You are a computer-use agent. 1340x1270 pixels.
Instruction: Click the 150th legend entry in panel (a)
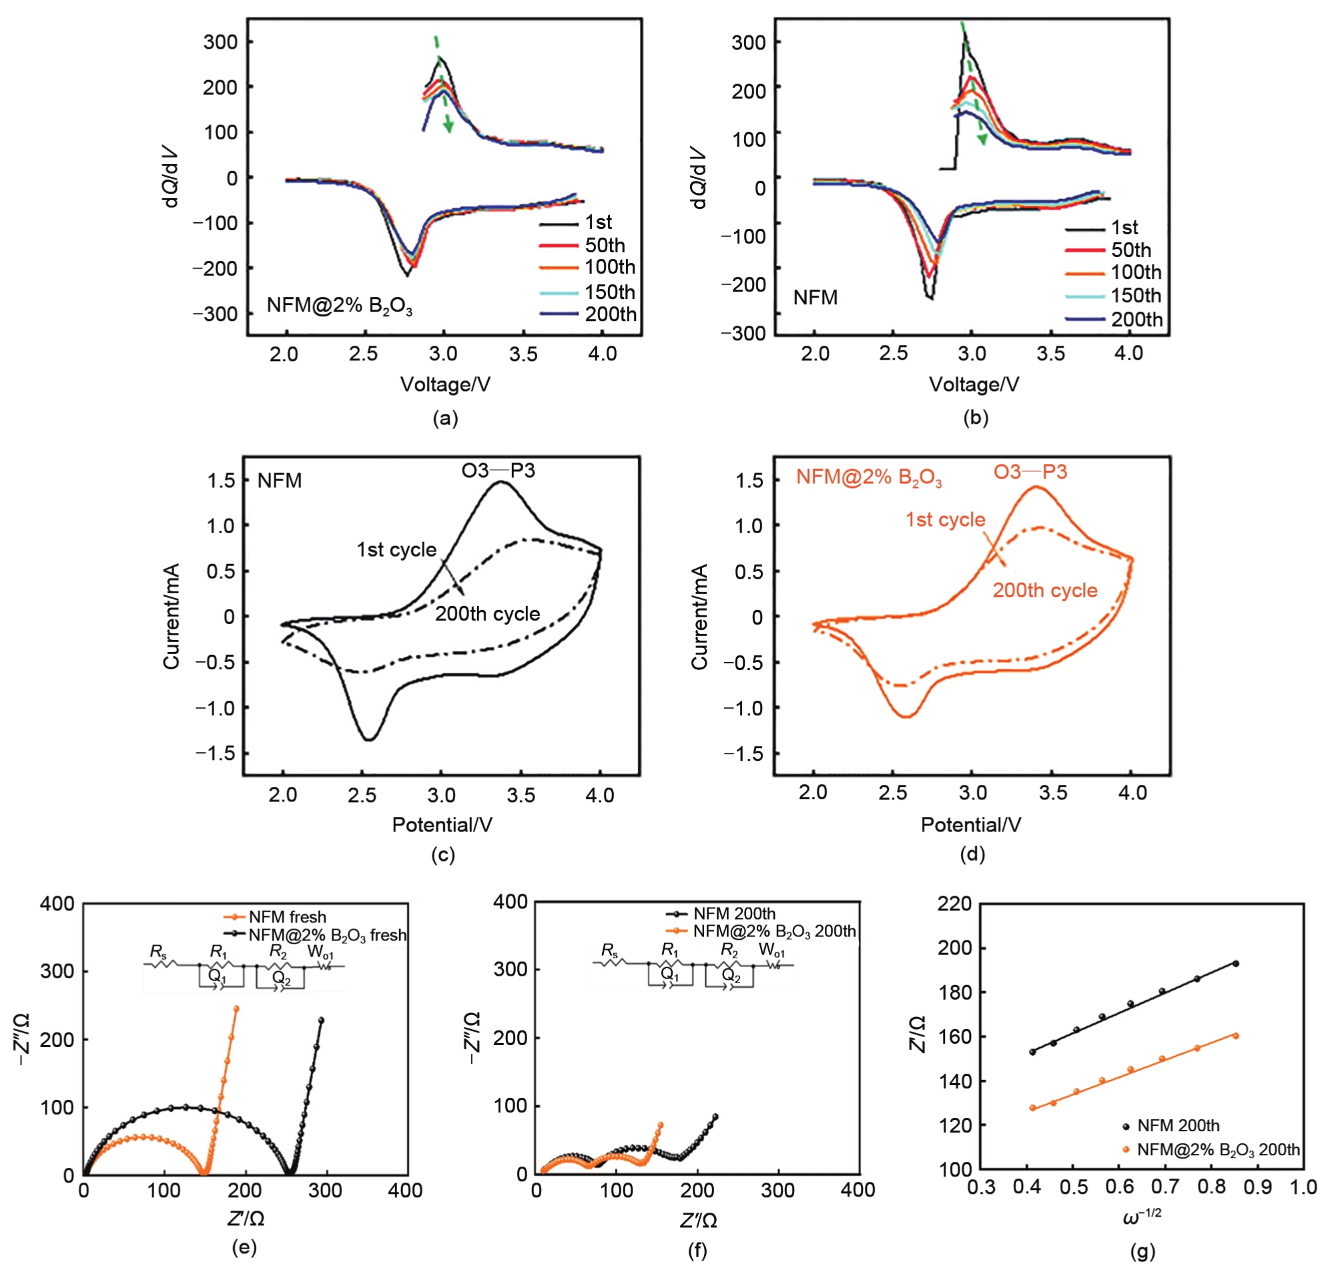pyautogui.click(x=609, y=292)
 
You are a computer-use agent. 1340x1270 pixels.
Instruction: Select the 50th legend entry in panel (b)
pyautogui.click(x=1130, y=250)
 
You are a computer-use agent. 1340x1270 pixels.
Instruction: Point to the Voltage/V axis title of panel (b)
pyautogui.click(x=973, y=384)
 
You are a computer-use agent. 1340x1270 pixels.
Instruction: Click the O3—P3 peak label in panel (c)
pyautogui.click(x=498, y=470)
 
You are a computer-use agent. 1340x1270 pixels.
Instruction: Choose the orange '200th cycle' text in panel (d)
pyautogui.click(x=1044, y=591)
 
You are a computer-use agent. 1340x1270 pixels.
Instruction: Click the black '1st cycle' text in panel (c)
pyautogui.click(x=396, y=550)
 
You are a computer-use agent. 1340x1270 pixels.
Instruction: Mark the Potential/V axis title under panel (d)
pyautogui.click(x=970, y=825)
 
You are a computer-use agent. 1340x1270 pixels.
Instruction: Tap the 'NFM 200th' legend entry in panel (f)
pyautogui.click(x=733, y=914)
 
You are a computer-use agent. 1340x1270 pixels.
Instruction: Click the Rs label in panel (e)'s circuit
pyautogui.click(x=157, y=952)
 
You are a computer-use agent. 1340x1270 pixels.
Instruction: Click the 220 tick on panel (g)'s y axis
pyautogui.click(x=955, y=904)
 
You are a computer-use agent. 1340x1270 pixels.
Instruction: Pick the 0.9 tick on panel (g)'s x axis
pyautogui.click(x=1257, y=1187)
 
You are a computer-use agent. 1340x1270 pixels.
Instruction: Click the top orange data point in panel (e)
pyautogui.click(x=236, y=1008)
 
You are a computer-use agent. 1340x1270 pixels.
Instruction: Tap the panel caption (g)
pyautogui.click(x=1142, y=1251)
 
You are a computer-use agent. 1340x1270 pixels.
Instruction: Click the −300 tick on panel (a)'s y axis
pyautogui.click(x=214, y=314)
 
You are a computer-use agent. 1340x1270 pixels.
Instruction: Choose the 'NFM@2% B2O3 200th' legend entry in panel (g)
pyautogui.click(x=1217, y=1149)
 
